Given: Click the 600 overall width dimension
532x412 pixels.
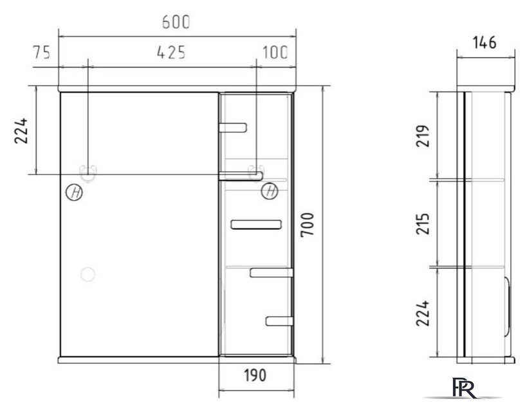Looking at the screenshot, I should tap(176, 22).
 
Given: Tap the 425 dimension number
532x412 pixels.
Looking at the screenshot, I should tap(172, 53).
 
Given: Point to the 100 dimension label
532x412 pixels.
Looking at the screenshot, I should tap(275, 53).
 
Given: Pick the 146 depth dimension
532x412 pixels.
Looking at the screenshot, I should tap(484, 43).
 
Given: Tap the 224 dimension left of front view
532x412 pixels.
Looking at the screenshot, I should tap(22, 131).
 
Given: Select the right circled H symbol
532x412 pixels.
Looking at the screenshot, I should tap(270, 191).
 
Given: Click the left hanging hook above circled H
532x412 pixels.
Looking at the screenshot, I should tap(87, 173).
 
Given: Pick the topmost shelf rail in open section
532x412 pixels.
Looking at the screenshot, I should tap(233, 126).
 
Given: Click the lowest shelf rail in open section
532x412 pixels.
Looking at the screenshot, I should tap(279, 320).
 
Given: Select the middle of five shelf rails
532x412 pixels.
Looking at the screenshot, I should tap(256, 224).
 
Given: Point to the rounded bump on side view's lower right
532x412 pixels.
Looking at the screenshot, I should tap(508, 309).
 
